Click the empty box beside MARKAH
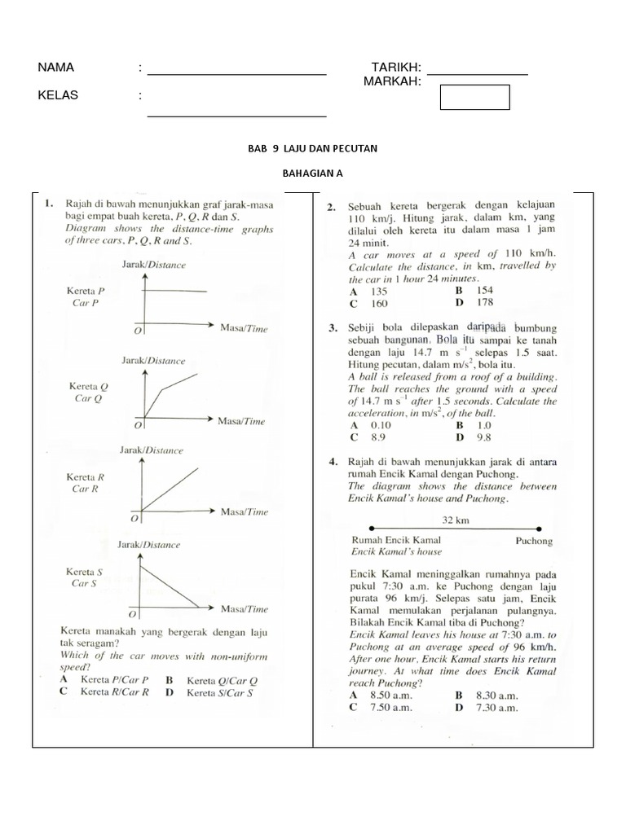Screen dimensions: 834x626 [x=474, y=97]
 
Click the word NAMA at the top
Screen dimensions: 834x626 [x=55, y=68]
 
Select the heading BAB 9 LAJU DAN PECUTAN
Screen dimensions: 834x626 [x=312, y=149]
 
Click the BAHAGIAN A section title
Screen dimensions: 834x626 [x=312, y=174]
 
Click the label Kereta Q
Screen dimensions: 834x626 [x=89, y=386]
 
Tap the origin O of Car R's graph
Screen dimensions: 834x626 [x=134, y=518]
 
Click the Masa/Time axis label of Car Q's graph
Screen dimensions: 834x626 [x=242, y=421]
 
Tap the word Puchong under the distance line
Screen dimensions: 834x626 [x=534, y=540]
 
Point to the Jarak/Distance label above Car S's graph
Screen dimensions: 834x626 [x=149, y=544]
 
